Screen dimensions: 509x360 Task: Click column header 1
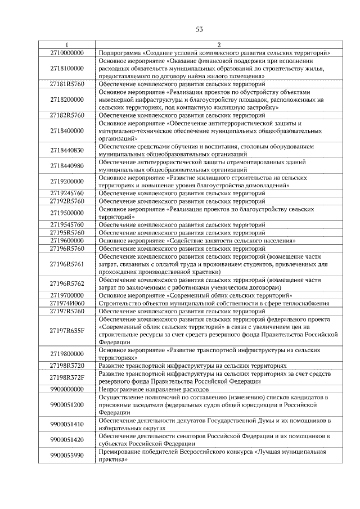tap(67, 45)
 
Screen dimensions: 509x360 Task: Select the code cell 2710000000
tap(67, 52)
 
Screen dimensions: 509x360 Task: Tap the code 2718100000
tap(67, 68)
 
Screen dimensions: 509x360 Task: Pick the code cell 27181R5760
tap(67, 84)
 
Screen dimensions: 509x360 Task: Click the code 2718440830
tap(67, 150)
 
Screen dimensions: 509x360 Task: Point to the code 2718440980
tap(67, 166)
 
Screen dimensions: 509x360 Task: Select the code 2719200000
tap(67, 182)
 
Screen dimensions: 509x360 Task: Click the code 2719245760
tap(67, 193)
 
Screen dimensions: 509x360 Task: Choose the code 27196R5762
tap(67, 283)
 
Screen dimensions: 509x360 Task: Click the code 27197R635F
tap(67, 330)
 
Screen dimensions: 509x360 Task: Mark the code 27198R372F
tap(67, 377)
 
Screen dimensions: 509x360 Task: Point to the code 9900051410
tap(67, 424)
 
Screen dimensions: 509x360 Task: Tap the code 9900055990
tap(67, 455)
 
